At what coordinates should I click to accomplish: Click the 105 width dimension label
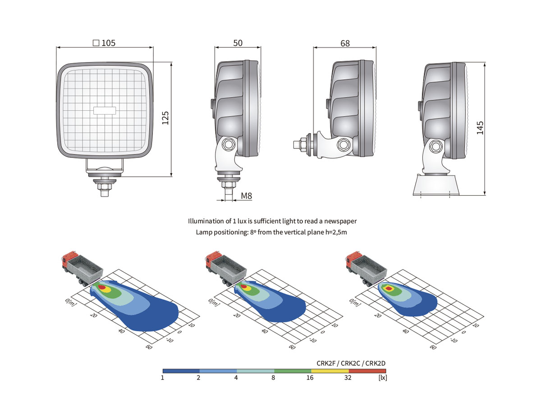point(109,43)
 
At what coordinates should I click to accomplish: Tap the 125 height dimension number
point(165,118)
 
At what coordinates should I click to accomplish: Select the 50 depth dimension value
point(238,43)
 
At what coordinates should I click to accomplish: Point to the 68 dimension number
point(345,44)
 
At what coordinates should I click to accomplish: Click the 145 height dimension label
point(480,128)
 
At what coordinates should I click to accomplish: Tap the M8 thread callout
point(247,196)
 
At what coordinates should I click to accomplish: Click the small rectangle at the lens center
point(105,110)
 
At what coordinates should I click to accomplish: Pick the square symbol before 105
point(96,43)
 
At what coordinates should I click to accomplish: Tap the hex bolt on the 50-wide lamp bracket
point(228,144)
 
